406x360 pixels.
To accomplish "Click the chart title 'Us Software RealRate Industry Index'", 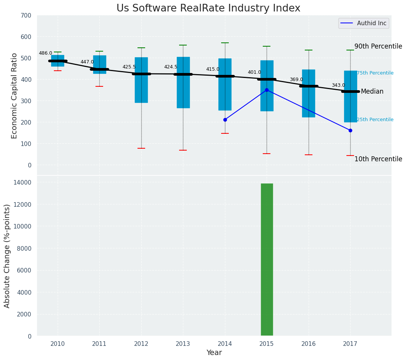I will click(x=208, y=8).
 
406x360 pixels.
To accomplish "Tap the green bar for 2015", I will click(x=267, y=260).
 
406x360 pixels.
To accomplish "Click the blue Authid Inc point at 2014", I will click(x=225, y=120).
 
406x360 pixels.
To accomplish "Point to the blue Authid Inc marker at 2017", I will click(x=350, y=130).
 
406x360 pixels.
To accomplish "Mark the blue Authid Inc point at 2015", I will click(x=267, y=90).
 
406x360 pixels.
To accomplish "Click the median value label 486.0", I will click(x=45, y=53).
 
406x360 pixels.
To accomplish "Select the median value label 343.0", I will click(x=338, y=85).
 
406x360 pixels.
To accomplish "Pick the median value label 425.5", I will click(x=129, y=67).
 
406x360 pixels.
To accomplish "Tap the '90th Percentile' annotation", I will click(x=378, y=46).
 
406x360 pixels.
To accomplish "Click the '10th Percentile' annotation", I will click(x=378, y=159).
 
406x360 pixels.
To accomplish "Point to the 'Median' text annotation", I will click(x=372, y=91).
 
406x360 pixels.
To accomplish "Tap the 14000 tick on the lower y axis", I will click(x=24, y=182).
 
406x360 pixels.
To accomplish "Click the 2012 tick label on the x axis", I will click(x=141, y=344).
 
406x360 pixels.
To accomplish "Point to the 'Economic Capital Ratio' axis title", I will click(x=15, y=96).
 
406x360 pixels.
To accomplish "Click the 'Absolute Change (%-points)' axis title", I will click(x=7, y=256).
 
